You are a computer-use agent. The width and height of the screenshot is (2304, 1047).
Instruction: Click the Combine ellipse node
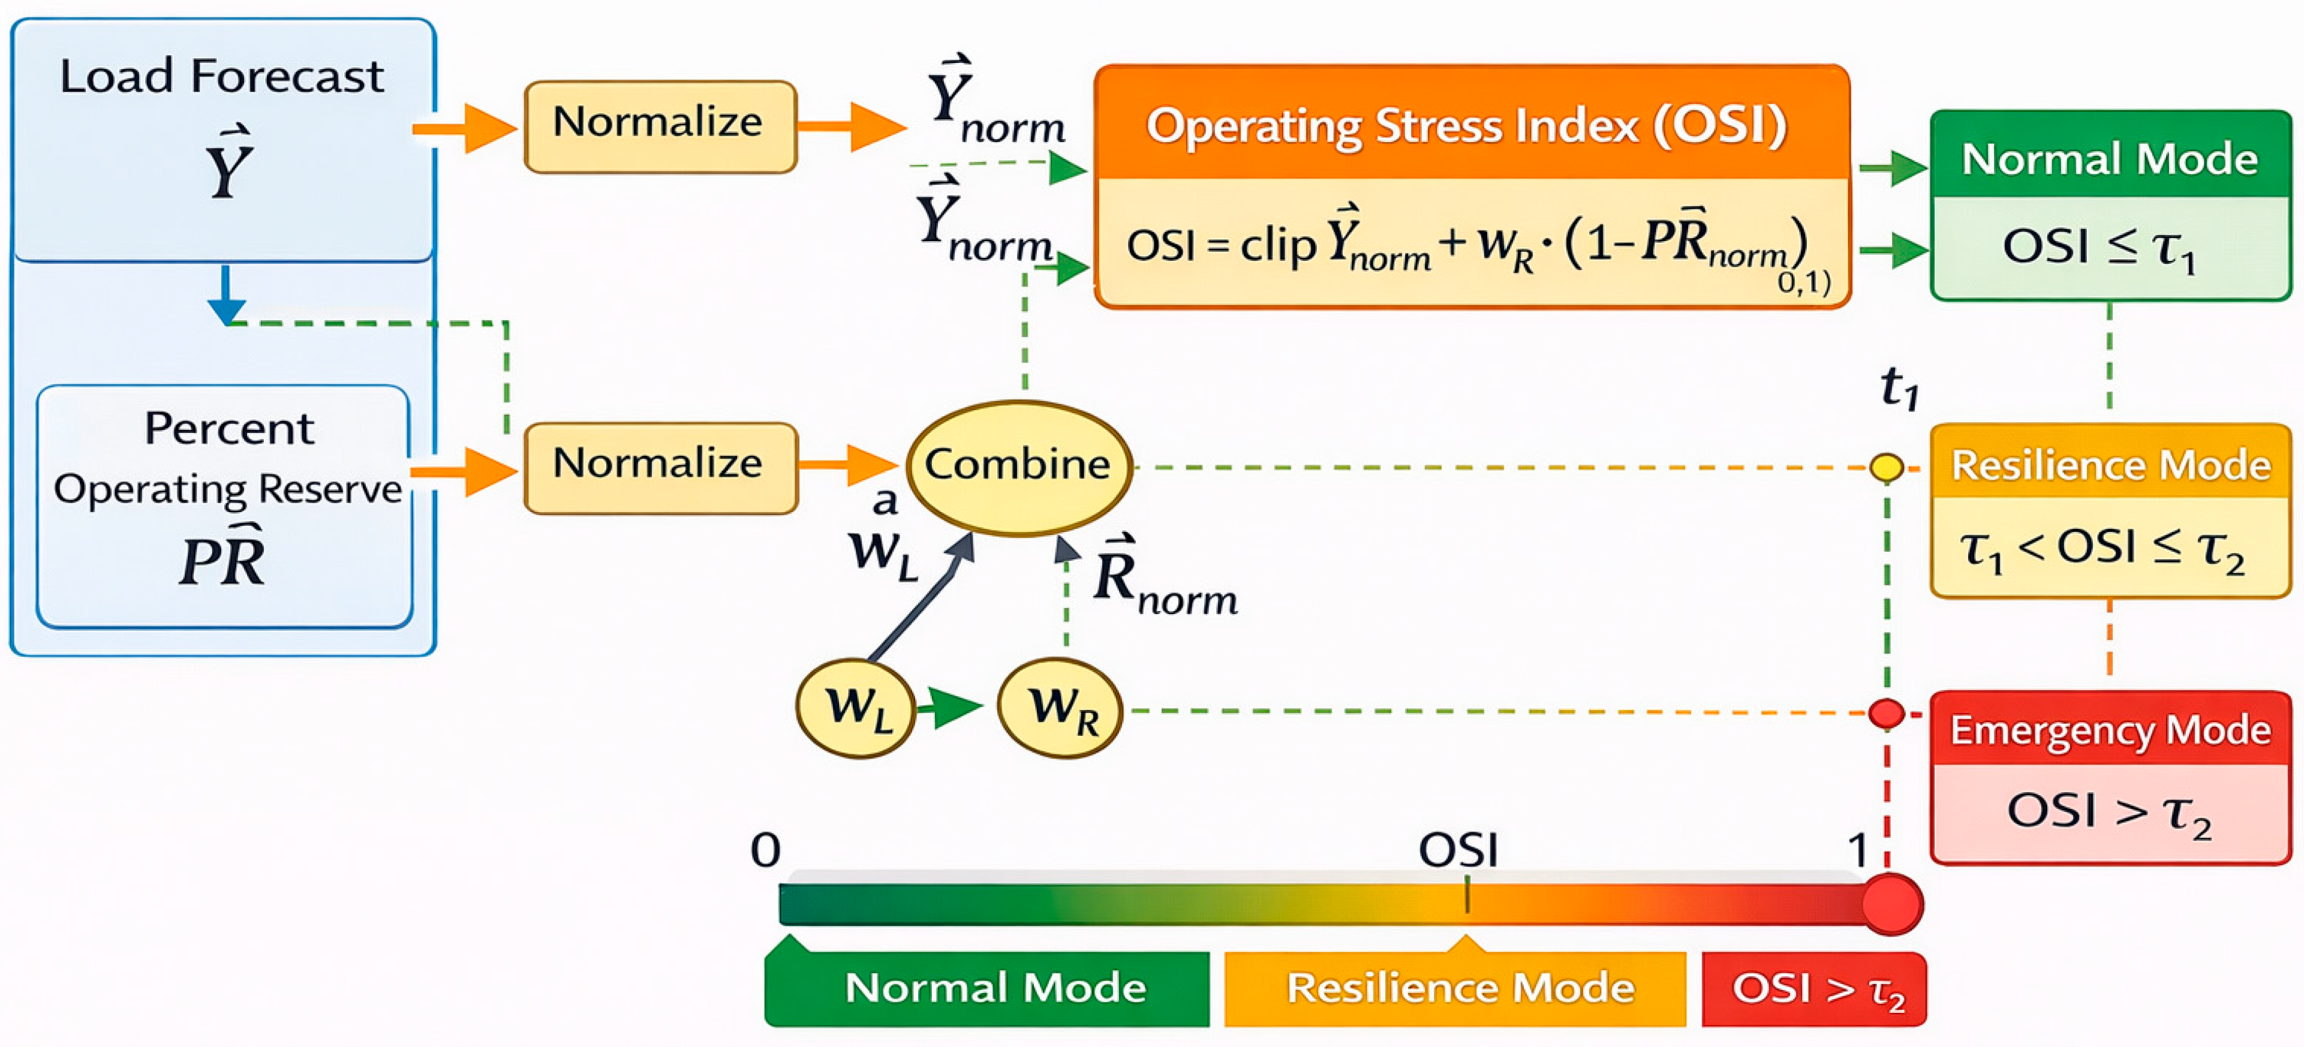1019,467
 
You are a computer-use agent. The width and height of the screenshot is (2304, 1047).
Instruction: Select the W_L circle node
856,708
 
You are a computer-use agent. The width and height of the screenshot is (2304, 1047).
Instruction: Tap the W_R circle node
1060,708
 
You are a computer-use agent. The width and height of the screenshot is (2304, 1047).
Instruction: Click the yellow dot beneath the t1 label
1886,467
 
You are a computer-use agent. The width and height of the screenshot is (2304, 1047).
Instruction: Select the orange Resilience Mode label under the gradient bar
1455,987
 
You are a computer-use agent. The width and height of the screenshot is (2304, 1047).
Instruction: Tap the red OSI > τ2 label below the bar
1814,989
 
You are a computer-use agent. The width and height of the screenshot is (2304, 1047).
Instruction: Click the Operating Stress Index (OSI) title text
1467,125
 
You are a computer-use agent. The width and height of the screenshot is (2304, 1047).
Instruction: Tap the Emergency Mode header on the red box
2110,730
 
